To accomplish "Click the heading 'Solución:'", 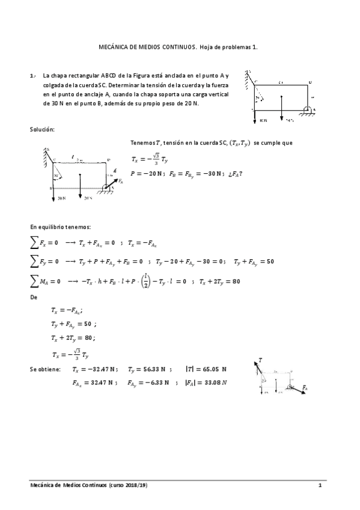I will pos(42,129).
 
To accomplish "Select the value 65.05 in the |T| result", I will pos(213,369).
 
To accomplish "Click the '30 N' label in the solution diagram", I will pos(60,197).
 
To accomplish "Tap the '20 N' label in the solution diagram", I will pos(88,197).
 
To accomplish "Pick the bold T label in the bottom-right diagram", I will pos(260,360).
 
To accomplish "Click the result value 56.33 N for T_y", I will pos(142,369).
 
